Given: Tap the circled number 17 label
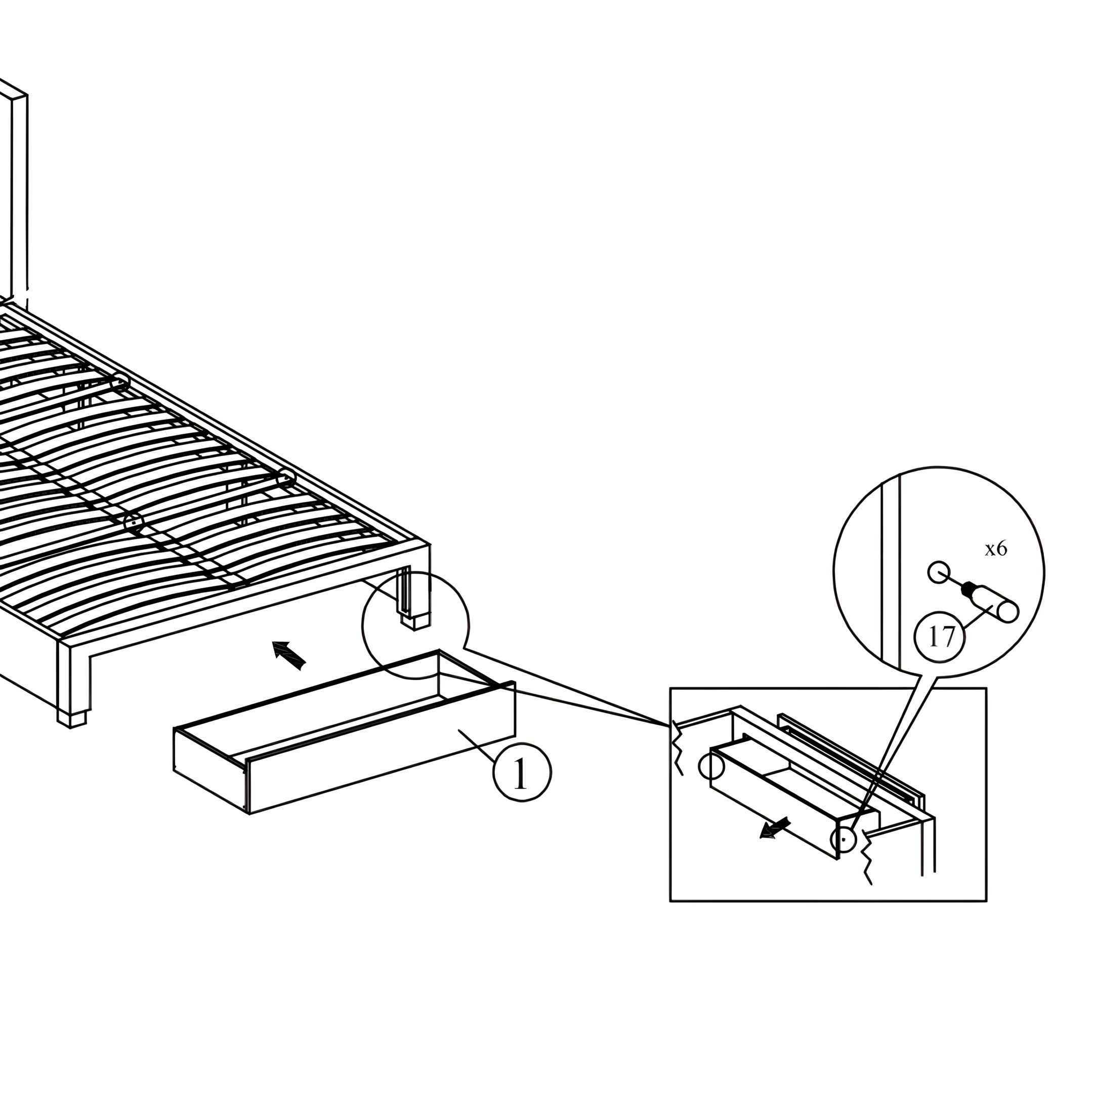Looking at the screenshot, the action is pyautogui.click(x=939, y=637).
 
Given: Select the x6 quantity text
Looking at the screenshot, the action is pyautogui.click(x=996, y=549).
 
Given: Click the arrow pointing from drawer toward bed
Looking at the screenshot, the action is pyautogui.click(x=289, y=655).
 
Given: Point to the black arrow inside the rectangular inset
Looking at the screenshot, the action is pyautogui.click(x=775, y=829).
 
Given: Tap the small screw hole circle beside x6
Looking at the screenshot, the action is pyautogui.click(x=939, y=572).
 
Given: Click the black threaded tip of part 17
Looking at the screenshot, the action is pyautogui.click(x=970, y=588).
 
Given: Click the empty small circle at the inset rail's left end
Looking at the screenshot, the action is pyautogui.click(x=711, y=767).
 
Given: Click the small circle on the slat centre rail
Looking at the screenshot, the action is pyautogui.click(x=134, y=523).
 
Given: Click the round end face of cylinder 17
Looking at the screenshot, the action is pyautogui.click(x=1008, y=613).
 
